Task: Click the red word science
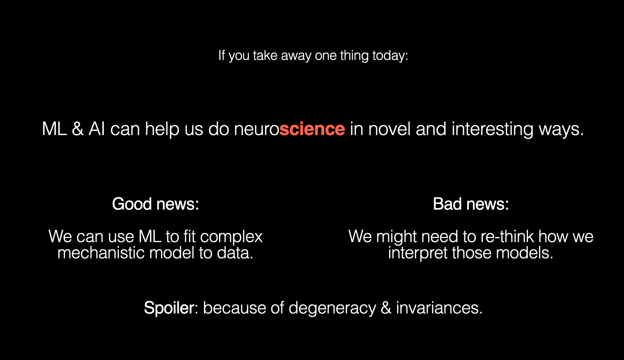(x=312, y=129)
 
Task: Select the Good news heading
(x=156, y=204)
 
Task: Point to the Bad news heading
(x=471, y=204)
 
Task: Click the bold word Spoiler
(x=169, y=308)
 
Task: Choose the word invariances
(x=439, y=308)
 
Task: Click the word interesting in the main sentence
(x=492, y=129)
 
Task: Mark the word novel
(x=389, y=129)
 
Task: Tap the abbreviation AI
(x=97, y=129)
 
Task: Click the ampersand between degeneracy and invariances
(x=386, y=308)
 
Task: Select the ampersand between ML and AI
(x=78, y=129)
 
